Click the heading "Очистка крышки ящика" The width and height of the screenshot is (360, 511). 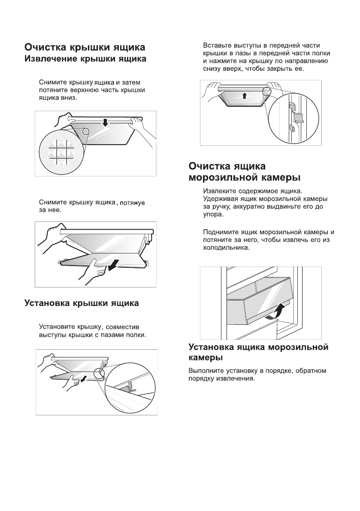tap(84, 47)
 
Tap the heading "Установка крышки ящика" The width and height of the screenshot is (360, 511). tap(81, 304)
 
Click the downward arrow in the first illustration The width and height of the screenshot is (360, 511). tap(106, 123)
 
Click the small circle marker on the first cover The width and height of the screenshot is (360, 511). tap(86, 131)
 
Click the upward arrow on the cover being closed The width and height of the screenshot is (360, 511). tap(245, 95)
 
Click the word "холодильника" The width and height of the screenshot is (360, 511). tap(227, 248)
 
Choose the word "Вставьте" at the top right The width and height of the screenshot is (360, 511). tap(217, 45)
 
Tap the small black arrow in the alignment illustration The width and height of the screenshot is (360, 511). tap(85, 378)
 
